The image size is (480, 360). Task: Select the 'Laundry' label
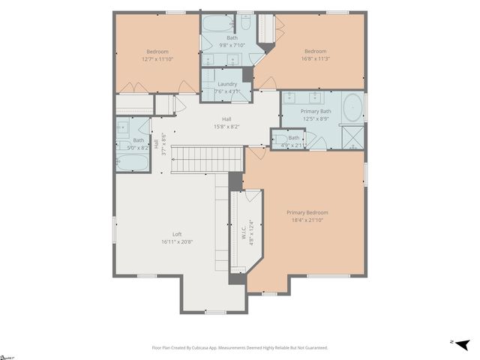226,84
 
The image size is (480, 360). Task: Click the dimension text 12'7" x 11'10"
157,59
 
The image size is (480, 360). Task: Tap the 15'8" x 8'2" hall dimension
226,127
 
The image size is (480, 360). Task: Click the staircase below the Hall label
208,158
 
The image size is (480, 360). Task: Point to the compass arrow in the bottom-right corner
463,344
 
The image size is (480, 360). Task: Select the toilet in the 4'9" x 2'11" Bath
279,139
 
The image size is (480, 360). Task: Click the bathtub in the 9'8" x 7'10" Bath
218,22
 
